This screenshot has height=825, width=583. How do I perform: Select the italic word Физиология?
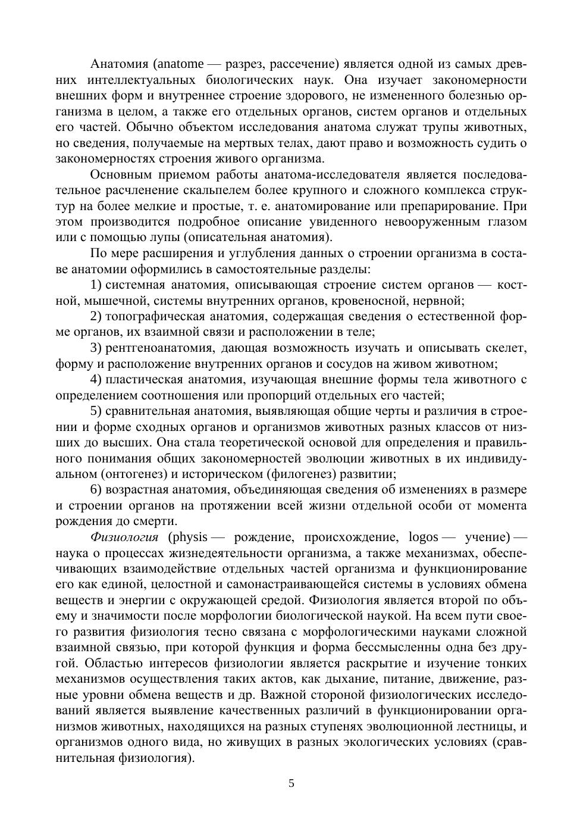tap(124, 537)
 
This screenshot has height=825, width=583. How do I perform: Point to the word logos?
tap(424, 537)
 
